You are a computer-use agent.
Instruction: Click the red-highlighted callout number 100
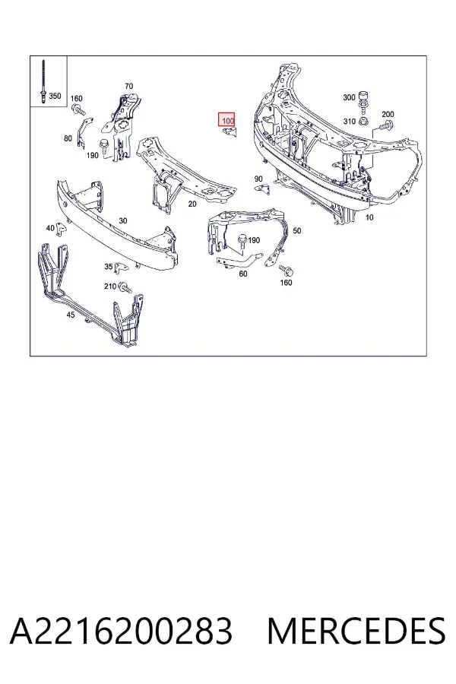point(227,120)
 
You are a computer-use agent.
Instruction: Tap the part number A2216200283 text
point(121,631)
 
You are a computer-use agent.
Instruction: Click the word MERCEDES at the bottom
point(356,631)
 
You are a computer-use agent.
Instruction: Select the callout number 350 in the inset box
point(55,96)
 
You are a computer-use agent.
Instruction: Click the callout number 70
point(128,86)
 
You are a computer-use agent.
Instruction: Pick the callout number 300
point(349,97)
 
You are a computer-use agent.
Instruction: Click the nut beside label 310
point(363,120)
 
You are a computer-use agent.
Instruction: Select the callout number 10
point(369,217)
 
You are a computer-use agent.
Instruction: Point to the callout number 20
point(192,204)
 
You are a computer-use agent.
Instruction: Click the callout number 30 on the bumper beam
point(123,220)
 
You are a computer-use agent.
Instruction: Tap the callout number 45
point(70,315)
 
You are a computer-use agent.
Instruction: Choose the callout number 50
point(296,230)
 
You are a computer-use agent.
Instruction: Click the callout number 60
point(243,274)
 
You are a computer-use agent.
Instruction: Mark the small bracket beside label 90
point(263,189)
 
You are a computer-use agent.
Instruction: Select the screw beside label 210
point(125,287)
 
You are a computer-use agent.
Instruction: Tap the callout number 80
point(68,138)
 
